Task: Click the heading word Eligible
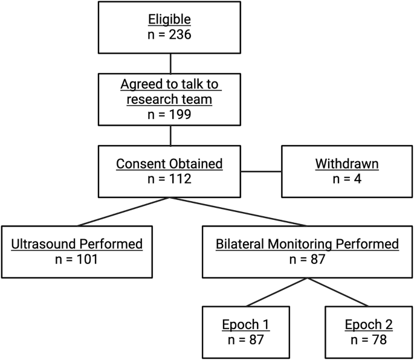tap(170, 20)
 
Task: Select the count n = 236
tap(170, 34)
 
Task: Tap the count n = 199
tap(170, 113)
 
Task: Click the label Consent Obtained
tap(170, 163)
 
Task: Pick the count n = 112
tap(170, 178)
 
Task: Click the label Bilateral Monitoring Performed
tap(308, 244)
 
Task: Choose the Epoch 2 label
tap(369, 325)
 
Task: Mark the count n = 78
tap(369, 340)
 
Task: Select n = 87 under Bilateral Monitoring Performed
tap(308, 259)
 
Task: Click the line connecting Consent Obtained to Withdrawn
tap(262, 171)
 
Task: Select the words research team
tap(170, 98)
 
